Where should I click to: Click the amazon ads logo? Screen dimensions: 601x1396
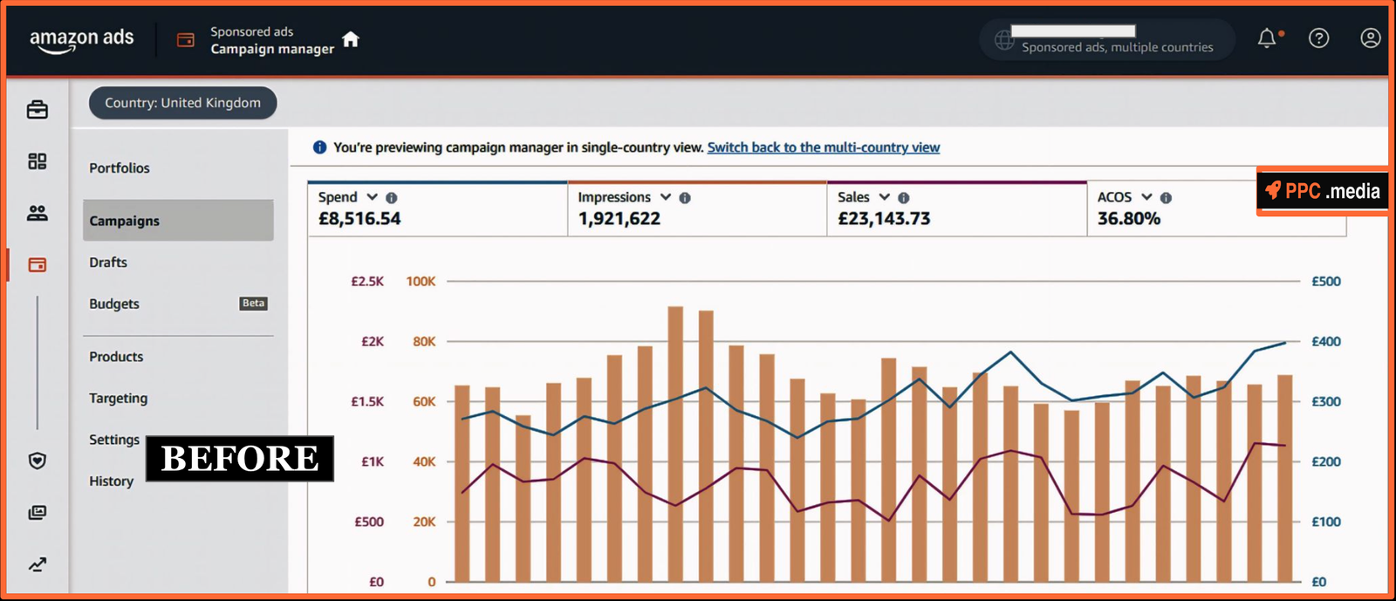[x=81, y=39]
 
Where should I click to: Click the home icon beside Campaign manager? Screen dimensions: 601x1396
[x=351, y=39]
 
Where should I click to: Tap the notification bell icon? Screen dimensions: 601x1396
[x=1267, y=38]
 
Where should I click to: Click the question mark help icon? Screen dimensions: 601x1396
[x=1318, y=38]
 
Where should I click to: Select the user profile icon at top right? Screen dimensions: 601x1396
[x=1370, y=38]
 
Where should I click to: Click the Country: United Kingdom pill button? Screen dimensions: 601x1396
[x=182, y=103]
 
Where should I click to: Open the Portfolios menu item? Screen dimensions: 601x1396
[x=120, y=168]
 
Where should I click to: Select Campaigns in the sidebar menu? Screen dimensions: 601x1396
[x=125, y=221]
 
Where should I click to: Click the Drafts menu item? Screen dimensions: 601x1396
[x=108, y=263]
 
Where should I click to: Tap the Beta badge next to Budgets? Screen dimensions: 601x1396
[x=253, y=304]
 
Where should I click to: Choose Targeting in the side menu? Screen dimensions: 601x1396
[x=119, y=399]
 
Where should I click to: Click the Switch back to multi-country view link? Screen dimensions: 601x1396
[x=823, y=147]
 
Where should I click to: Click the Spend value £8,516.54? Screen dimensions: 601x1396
[x=359, y=219]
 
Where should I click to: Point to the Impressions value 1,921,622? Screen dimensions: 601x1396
[x=619, y=219]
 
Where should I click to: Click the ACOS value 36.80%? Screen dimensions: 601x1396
[x=1128, y=219]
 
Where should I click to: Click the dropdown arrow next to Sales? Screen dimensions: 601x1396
[x=884, y=197]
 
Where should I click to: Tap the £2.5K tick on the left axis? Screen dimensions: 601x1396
[x=367, y=282]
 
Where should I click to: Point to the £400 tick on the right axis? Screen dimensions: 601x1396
[x=1325, y=342]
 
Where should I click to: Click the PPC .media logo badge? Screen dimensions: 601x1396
[x=1322, y=191]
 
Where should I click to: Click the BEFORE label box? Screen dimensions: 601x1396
[x=240, y=459]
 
